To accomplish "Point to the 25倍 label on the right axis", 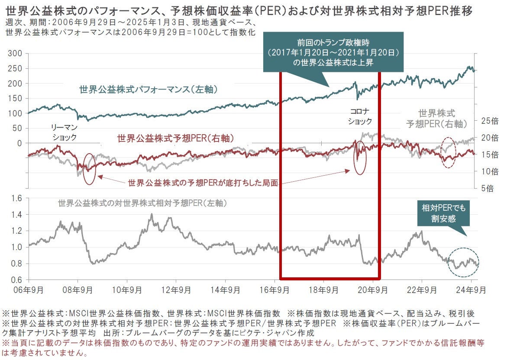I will point(489,121).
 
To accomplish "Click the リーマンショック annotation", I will point(64,132).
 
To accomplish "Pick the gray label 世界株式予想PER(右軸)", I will point(437,119).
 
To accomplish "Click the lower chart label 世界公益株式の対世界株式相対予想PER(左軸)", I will point(143,202).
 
